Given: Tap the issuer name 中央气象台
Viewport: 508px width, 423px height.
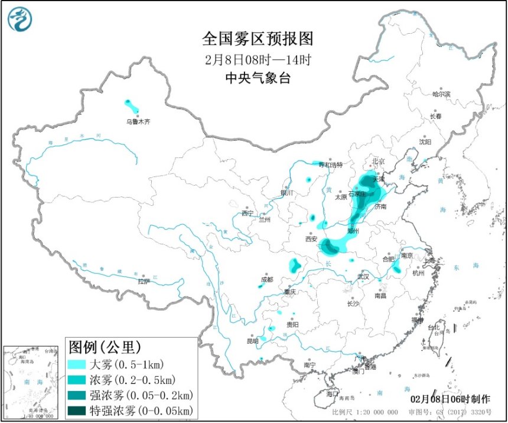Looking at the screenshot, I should (258, 78).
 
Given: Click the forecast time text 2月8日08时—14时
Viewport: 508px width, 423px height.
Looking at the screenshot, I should (258, 60).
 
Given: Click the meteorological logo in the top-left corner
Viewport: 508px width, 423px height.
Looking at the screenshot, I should (20, 19).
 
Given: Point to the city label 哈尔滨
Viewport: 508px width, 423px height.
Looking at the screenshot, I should (441, 94).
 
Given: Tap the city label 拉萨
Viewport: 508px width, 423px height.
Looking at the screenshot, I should (144, 282).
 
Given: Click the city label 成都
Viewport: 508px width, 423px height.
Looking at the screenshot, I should (267, 280).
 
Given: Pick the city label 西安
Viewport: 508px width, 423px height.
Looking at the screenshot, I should (311, 240).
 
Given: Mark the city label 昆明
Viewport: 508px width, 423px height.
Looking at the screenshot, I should (253, 341).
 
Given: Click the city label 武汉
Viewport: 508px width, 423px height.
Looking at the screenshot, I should (363, 276).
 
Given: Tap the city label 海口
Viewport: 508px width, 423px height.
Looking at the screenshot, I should (333, 393).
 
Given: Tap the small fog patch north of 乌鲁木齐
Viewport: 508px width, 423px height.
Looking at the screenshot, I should (132, 106).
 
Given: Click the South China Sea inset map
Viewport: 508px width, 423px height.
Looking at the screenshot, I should (32, 382).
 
